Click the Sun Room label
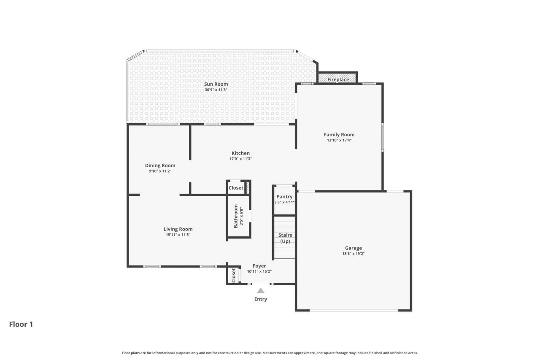tap(216, 84)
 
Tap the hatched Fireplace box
tap(338, 79)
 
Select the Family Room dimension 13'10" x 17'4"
tap(339, 140)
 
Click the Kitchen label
tap(240, 153)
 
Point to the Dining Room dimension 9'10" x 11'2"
tap(160, 171)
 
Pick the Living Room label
tap(178, 229)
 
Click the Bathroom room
tap(238, 217)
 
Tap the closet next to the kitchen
tap(236, 188)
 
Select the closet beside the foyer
tap(233, 276)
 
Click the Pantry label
tap(284, 197)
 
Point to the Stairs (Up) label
tap(285, 238)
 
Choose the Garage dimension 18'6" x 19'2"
tap(354, 254)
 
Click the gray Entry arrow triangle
tap(261, 290)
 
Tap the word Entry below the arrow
tap(260, 299)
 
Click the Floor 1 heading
tap(21, 324)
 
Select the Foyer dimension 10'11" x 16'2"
tap(259, 271)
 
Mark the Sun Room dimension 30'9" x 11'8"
tap(216, 89)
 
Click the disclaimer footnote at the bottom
tap(270, 353)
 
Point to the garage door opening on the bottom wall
tap(354, 311)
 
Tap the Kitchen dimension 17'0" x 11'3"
tap(240, 159)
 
